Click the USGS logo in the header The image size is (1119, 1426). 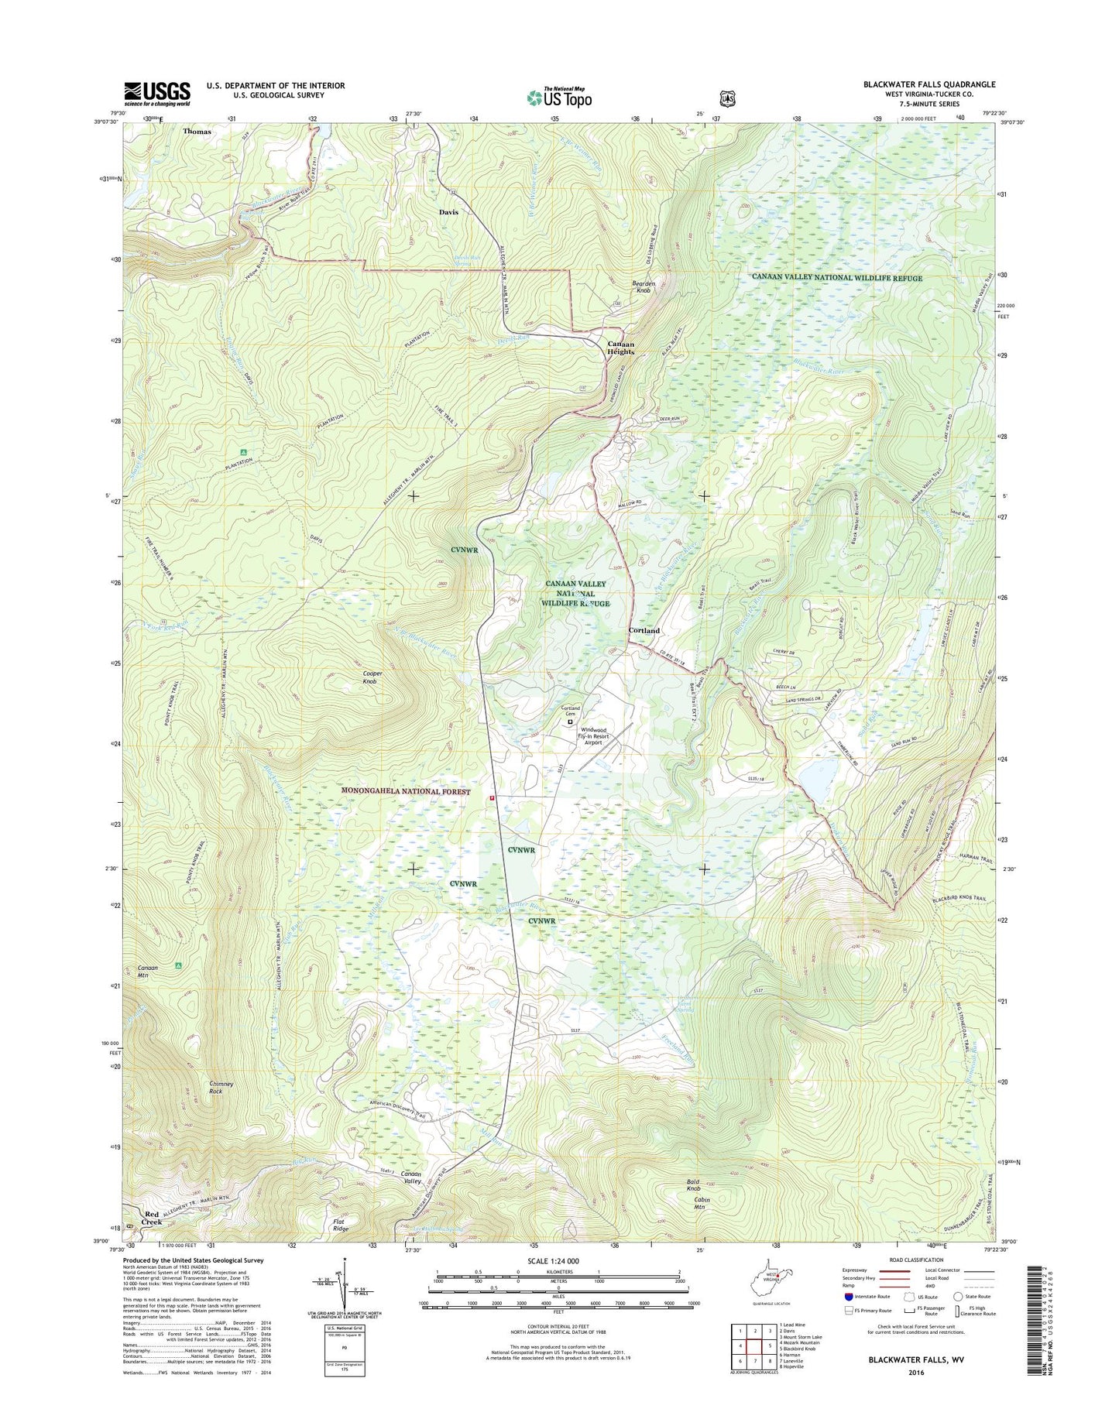(x=156, y=94)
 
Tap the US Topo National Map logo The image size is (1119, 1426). (x=559, y=97)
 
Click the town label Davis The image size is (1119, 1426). (x=448, y=211)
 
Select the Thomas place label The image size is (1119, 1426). (x=197, y=132)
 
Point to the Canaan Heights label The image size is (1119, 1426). (x=620, y=348)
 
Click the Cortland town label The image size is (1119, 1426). (x=644, y=630)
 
